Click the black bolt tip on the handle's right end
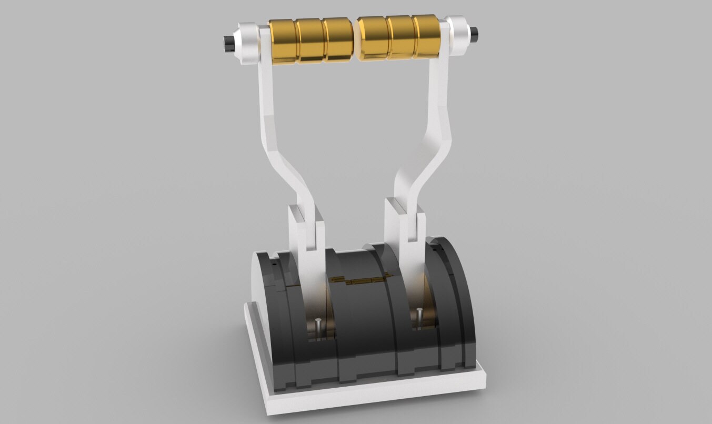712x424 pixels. point(475,35)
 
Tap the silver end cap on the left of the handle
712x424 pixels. point(246,43)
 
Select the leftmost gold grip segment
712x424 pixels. point(283,41)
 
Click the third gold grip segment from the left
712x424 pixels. point(338,39)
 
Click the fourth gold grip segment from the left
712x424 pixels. point(373,38)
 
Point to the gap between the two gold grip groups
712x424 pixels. point(356,39)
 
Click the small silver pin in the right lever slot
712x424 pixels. point(419,316)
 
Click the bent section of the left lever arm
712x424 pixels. point(287,163)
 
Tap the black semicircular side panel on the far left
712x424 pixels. point(263,316)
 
